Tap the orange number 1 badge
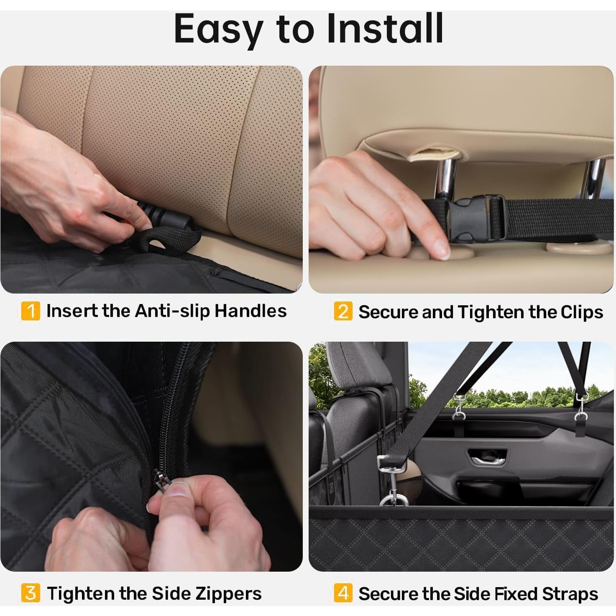click(31, 311)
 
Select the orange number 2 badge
click(343, 312)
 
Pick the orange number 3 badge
click(31, 593)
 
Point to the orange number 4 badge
click(343, 593)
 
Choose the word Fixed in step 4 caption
click(517, 594)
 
